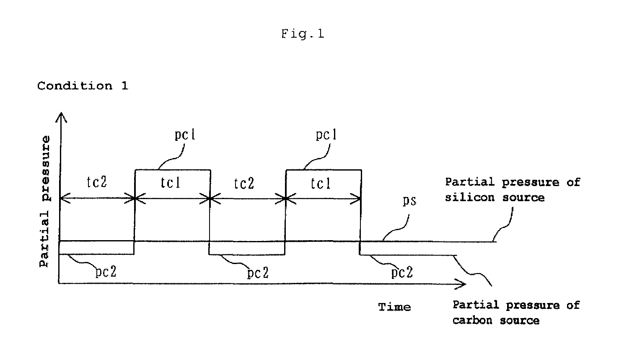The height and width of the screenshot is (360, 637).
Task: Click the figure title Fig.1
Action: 303,34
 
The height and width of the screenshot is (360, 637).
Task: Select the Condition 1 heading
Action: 83,85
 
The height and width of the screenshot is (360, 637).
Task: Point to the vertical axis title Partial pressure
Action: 44,202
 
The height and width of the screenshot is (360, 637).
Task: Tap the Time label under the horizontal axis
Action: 394,307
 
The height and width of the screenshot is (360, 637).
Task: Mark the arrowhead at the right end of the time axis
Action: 465,284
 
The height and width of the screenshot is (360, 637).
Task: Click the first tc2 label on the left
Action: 97,182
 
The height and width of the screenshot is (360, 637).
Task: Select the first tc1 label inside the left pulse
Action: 170,183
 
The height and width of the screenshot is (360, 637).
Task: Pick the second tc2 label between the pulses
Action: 244,184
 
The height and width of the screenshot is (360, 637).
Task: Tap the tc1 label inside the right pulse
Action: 321,184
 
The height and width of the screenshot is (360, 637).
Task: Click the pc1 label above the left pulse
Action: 185,135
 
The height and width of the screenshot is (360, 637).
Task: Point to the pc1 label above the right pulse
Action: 326,135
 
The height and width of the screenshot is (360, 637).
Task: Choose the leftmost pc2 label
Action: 106,272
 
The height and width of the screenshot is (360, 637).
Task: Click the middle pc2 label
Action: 258,273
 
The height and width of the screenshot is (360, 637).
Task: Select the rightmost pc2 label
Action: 402,272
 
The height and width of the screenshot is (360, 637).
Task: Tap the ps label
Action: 409,201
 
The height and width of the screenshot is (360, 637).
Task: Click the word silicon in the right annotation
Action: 469,197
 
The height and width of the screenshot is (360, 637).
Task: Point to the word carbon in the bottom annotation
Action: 472,321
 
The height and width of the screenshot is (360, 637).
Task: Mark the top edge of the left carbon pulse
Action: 173,170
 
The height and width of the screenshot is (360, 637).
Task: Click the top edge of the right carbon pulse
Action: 324,170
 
